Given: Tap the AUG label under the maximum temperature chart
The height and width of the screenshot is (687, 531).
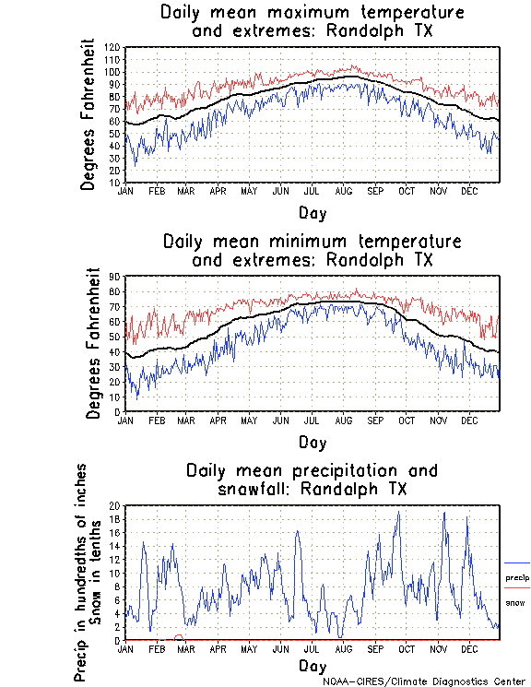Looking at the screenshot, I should tap(343, 191).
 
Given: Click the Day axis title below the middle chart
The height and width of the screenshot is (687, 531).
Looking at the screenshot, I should tap(312, 444).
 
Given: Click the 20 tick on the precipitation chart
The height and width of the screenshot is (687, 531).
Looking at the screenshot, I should tap(115, 505).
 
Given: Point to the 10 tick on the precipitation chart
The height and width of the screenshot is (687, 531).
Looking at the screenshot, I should tap(115, 573).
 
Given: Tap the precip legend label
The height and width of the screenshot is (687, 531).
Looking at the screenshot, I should tap(517, 578).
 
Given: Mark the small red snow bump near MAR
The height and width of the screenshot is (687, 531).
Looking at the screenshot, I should tap(179, 636).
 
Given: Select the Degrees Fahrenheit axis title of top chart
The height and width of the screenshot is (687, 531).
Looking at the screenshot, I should tap(88, 114).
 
